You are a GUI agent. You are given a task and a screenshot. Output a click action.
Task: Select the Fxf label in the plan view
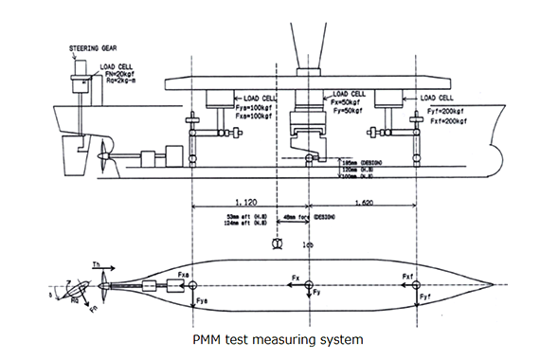click(409, 278)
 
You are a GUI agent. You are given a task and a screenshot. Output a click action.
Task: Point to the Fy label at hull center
click(319, 295)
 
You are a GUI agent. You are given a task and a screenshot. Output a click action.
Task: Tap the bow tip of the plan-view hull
click(492, 284)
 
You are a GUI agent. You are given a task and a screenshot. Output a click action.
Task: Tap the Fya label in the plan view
click(201, 301)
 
